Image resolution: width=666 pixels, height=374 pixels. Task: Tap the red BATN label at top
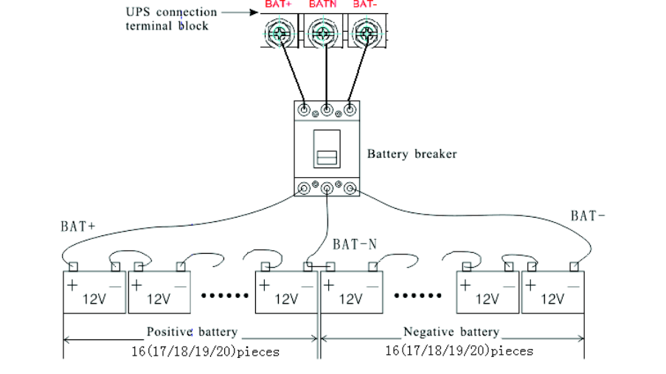[322, 4]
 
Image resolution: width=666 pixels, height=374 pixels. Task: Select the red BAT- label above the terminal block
[363, 4]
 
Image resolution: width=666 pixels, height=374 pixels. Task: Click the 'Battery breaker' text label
[412, 154]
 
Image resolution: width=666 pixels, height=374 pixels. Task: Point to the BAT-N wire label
[355, 243]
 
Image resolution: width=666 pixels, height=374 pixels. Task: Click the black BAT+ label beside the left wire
[78, 226]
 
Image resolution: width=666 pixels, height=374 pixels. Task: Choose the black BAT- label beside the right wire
[588, 215]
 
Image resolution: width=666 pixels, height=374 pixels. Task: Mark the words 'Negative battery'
[451, 332]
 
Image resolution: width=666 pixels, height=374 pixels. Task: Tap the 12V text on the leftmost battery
[94, 299]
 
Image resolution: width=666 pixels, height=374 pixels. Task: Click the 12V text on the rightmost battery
[552, 299]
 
